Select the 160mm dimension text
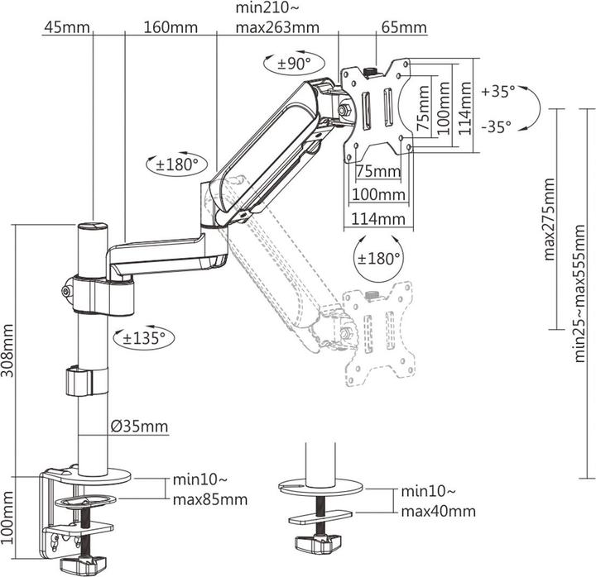pos(170,26)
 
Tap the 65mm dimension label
pos(403,26)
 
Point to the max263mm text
pos(276,26)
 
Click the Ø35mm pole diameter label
pos(138,427)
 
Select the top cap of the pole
pos(91,226)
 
